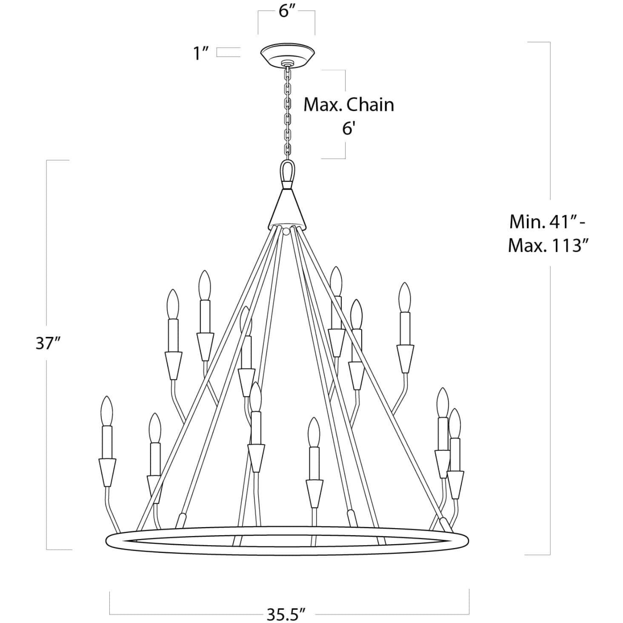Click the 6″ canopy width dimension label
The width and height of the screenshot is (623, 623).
[x=287, y=11]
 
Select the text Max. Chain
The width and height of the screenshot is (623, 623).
[x=349, y=105]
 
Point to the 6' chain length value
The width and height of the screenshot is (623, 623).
[x=349, y=128]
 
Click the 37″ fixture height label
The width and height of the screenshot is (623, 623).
[x=46, y=343]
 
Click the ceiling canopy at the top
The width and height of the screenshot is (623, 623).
[x=287, y=54]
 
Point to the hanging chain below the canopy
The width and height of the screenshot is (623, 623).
[x=288, y=111]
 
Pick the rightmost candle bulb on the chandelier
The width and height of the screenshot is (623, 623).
[x=455, y=423]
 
